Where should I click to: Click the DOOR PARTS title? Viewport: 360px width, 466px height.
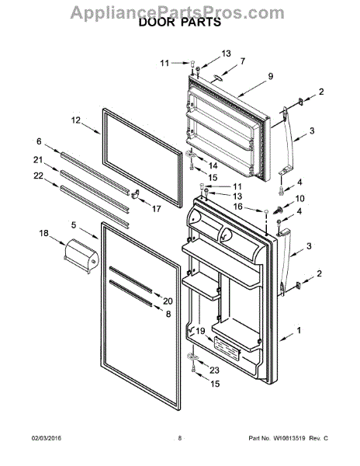click(179, 23)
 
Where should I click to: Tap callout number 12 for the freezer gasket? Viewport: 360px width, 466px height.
click(76, 120)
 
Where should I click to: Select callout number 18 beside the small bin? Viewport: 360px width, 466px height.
click(43, 233)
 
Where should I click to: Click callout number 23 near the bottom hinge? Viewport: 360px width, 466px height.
click(215, 370)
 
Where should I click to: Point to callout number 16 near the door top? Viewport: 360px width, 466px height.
click(238, 208)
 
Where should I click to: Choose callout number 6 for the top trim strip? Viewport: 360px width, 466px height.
click(38, 141)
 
